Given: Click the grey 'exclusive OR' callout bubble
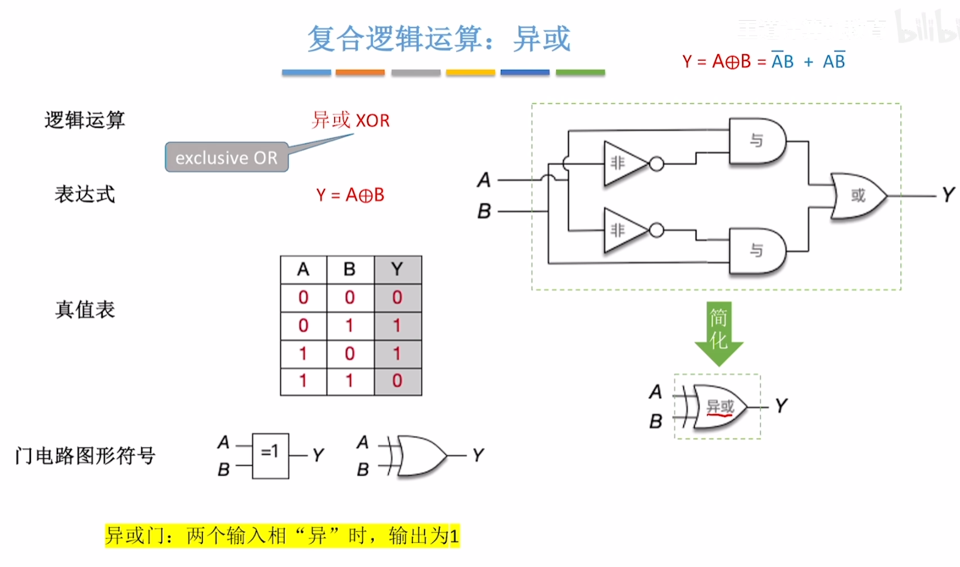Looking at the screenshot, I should [x=227, y=157].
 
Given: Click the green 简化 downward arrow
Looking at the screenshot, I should [x=719, y=332].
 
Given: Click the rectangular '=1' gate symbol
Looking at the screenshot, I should [x=270, y=455].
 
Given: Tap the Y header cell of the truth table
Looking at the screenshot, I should [x=397, y=270].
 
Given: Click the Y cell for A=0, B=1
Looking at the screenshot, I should [x=397, y=326].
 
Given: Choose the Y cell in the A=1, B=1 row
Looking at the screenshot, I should [x=397, y=381].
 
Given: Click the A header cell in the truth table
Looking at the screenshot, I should [x=303, y=270].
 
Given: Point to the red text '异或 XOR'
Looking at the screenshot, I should [x=351, y=120].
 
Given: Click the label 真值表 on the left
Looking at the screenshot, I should [x=85, y=310].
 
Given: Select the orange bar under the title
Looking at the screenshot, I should [x=360, y=73].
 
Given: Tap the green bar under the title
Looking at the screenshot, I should [x=580, y=73].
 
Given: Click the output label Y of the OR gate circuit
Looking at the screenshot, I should [x=948, y=195].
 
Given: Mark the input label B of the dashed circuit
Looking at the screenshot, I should [x=484, y=211].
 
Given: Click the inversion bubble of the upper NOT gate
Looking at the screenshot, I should [x=656, y=164].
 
